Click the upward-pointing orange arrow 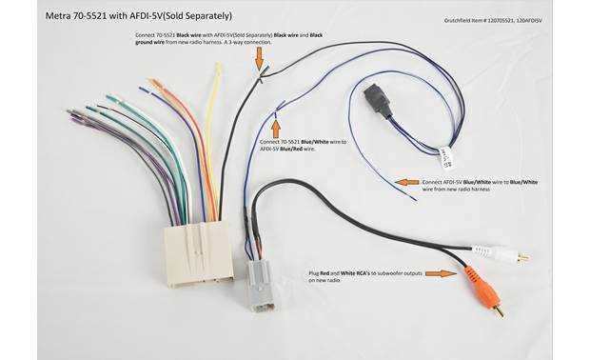click(276, 127)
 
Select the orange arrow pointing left click(407, 181)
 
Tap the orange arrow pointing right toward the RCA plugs click(439, 273)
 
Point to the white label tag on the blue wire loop click(444, 154)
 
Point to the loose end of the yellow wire click(218, 68)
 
